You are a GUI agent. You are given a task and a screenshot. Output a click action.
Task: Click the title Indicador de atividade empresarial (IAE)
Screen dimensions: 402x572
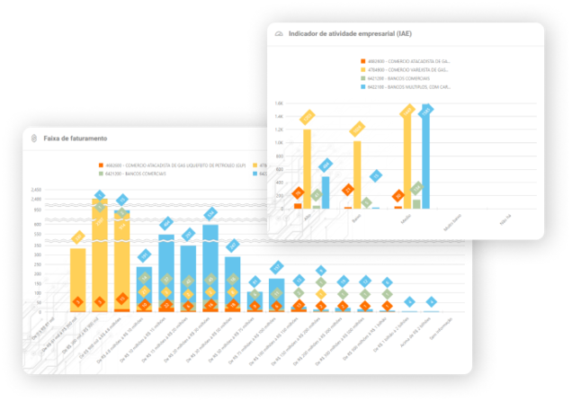349,33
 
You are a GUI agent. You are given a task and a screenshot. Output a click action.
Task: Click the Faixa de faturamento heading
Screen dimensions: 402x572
78,138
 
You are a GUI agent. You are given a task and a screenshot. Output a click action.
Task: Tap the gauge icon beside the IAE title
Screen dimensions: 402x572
278,33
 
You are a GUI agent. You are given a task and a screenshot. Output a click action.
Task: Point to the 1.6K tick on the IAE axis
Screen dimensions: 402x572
280,103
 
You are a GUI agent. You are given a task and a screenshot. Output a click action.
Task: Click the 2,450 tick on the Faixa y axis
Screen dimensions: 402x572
37,190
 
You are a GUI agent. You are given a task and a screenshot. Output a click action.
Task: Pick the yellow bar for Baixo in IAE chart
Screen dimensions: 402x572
357,175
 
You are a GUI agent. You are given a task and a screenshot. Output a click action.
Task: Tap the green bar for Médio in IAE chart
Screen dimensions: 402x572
416,203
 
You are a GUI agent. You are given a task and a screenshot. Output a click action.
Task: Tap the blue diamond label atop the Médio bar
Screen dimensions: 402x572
427,109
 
